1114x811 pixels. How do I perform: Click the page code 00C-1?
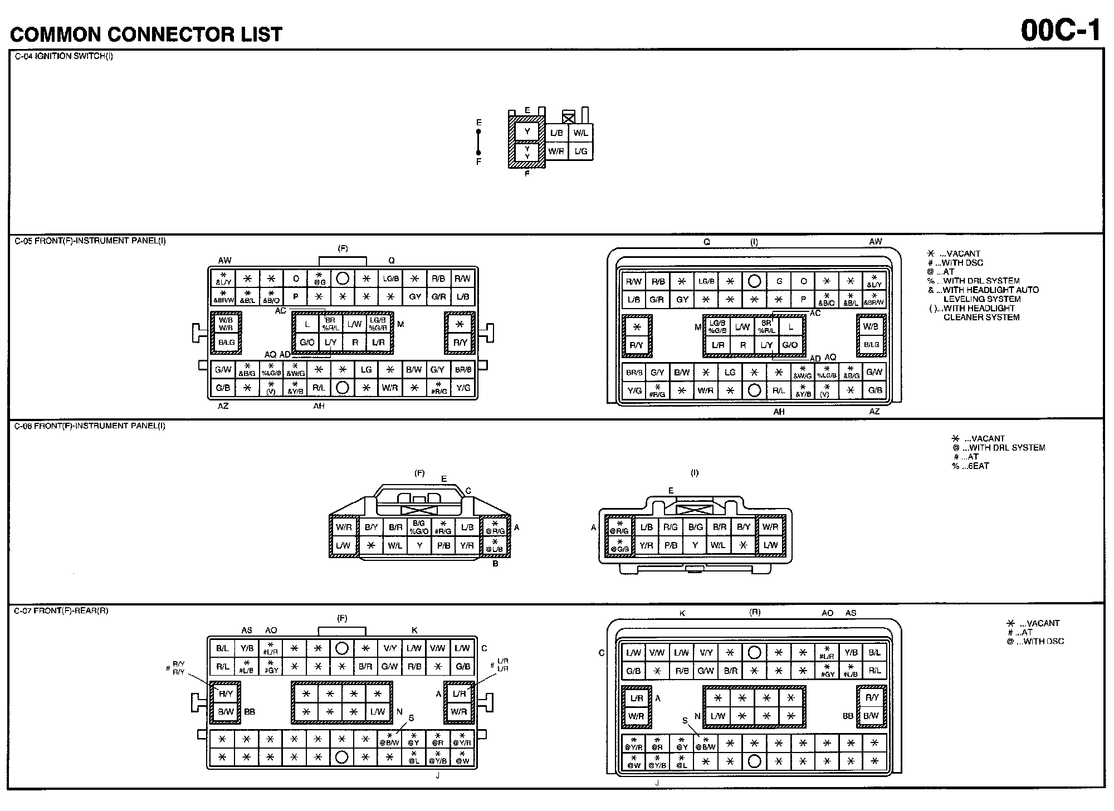[1061, 31]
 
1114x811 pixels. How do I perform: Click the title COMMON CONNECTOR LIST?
[146, 35]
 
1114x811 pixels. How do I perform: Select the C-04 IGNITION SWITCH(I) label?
[63, 56]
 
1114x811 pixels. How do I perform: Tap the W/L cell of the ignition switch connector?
[580, 133]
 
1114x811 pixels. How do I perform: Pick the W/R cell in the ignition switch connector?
[556, 151]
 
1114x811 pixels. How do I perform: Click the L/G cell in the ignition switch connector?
[580, 151]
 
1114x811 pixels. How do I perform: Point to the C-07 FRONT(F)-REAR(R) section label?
[61, 610]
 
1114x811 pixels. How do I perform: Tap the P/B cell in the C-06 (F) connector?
[443, 545]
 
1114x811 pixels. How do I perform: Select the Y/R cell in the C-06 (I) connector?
[646, 545]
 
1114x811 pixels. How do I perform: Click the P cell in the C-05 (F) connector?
[296, 297]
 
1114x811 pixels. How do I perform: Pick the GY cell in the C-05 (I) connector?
[682, 300]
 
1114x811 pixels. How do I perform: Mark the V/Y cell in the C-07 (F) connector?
[390, 648]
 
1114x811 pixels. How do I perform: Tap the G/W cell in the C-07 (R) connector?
[706, 671]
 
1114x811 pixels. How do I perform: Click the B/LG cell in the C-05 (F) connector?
[226, 343]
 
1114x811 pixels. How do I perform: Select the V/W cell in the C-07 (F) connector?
[438, 648]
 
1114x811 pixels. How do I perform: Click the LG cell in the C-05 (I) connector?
[730, 372]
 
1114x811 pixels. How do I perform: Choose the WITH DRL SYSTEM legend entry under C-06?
[1003, 447]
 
